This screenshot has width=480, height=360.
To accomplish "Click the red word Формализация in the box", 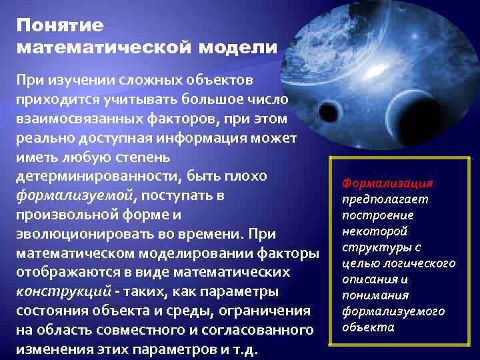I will [x=387, y=183].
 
